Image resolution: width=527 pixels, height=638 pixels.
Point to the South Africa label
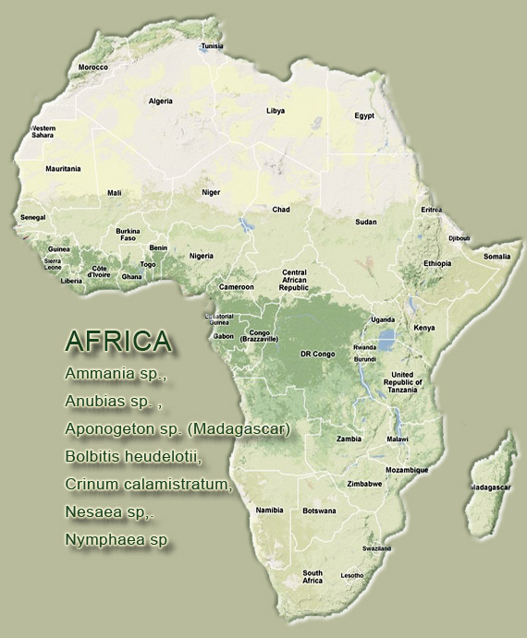pos(313,577)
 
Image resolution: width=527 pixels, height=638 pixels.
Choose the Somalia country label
pos(496,256)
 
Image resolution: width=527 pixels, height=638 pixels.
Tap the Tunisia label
pos(213,45)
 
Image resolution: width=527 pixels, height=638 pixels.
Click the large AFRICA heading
pos(118,341)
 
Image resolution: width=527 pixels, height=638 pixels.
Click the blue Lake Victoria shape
pos(389,338)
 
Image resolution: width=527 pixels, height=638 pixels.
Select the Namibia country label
pos(269,510)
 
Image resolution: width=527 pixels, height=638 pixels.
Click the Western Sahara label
pos(43,131)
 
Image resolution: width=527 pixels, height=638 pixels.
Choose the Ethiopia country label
pos(437,263)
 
